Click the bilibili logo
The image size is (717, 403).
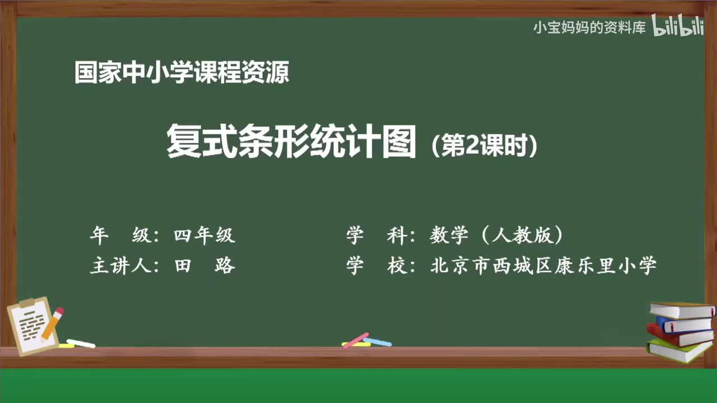coord(677,26)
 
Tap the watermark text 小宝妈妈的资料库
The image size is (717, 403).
coord(589,27)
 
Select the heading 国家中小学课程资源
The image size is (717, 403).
coord(181,73)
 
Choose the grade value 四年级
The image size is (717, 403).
coord(204,236)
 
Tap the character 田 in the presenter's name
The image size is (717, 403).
coord(183,265)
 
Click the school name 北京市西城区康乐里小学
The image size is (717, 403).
coord(543,265)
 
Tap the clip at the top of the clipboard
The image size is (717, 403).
coord(26,304)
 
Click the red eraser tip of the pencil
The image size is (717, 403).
coord(59,311)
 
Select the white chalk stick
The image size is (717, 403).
coord(81,343)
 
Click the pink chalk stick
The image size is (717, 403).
coord(355,340)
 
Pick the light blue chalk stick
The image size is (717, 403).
coord(378,341)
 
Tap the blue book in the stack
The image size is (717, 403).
coord(683,324)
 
